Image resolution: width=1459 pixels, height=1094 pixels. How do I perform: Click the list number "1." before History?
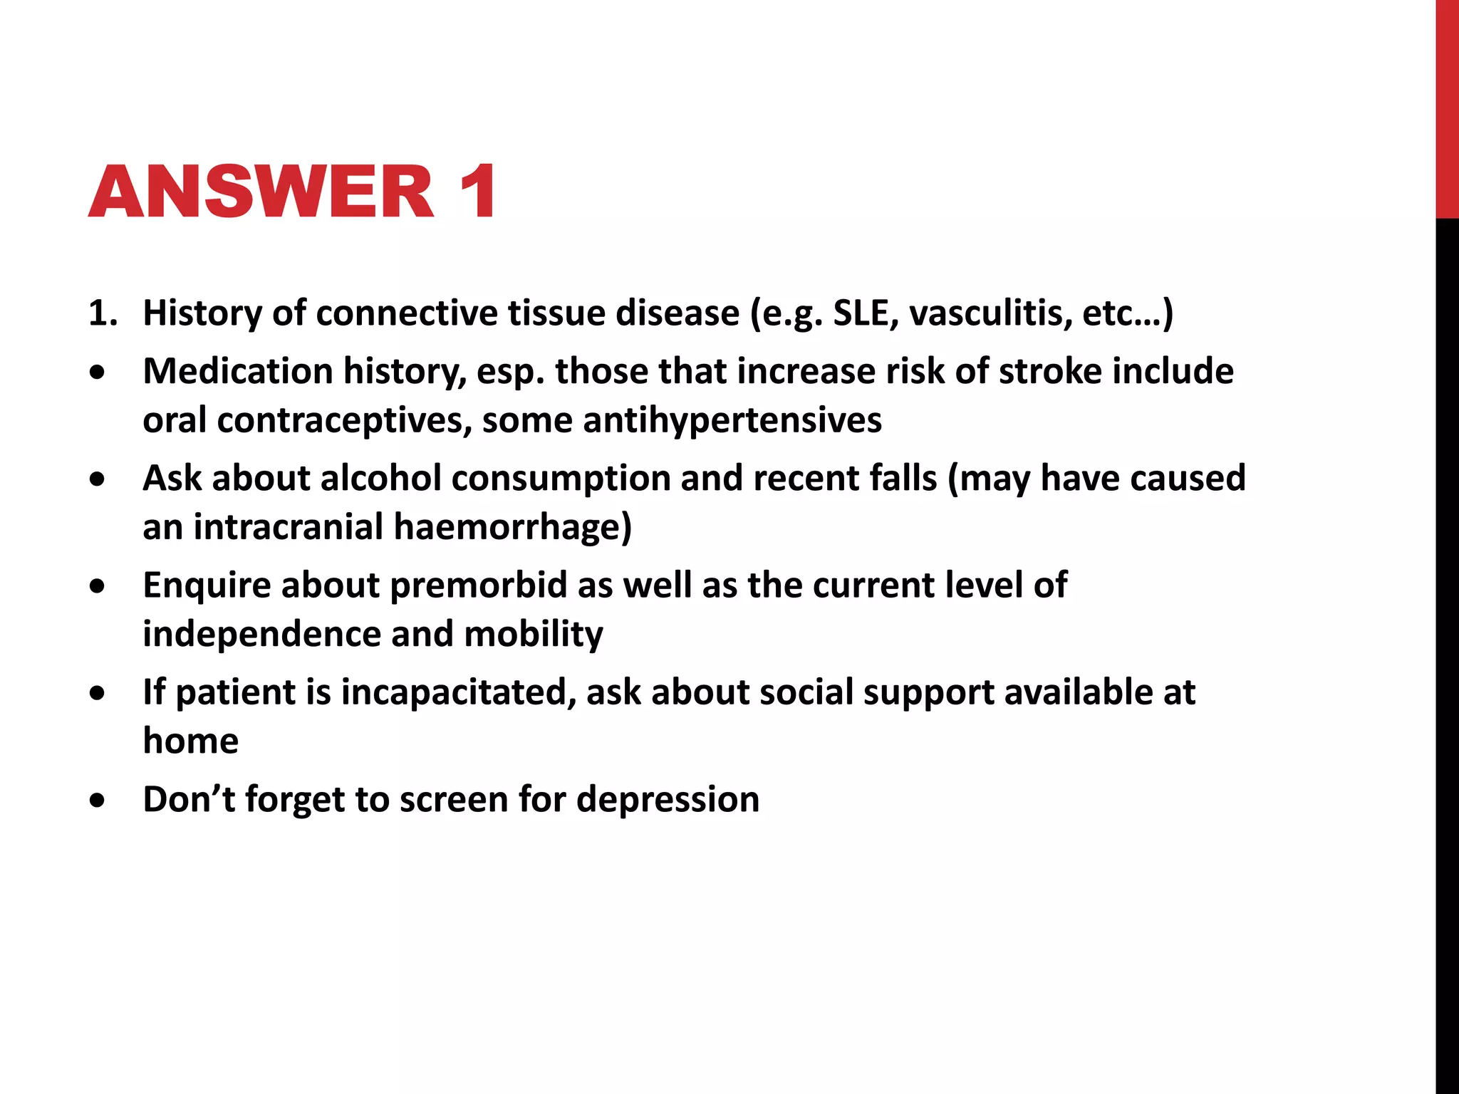click(x=103, y=313)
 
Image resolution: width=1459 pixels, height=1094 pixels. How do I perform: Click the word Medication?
click(x=238, y=372)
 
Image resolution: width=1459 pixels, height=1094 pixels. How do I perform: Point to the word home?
click(x=190, y=741)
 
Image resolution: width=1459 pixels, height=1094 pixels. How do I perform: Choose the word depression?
click(x=668, y=799)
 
